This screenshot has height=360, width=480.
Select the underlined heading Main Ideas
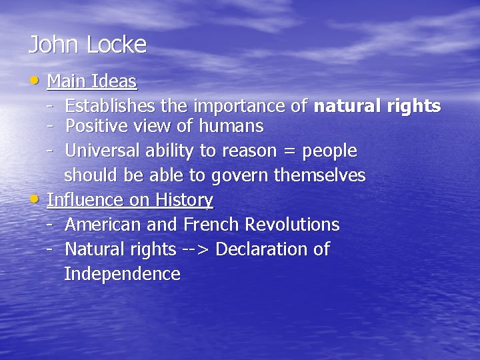click(92, 82)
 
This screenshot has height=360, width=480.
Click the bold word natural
click(347, 106)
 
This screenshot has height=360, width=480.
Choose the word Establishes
click(118, 106)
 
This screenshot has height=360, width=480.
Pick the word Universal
click(101, 151)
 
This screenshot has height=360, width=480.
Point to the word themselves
click(319, 176)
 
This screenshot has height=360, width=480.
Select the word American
click(100, 225)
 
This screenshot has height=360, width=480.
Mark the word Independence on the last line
click(122, 274)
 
